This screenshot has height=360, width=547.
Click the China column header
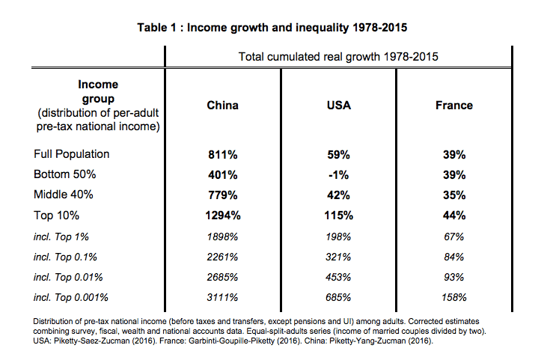click(222, 106)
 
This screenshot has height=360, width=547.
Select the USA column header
click(339, 106)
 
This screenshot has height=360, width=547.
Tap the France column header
click(454, 106)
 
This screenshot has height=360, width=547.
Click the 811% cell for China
click(223, 154)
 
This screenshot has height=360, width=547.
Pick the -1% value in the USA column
click(338, 175)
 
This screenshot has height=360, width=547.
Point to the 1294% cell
click(223, 216)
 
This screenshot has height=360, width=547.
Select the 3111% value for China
click(222, 298)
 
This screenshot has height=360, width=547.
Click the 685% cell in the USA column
click(338, 298)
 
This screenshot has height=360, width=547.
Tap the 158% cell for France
click(454, 298)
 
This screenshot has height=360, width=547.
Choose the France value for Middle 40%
click(454, 195)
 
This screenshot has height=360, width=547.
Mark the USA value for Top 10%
click(339, 216)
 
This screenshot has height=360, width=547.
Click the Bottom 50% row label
click(65, 174)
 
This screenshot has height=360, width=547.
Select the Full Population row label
click(72, 154)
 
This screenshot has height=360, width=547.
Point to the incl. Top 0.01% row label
click(68, 278)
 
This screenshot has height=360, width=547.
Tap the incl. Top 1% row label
click(61, 237)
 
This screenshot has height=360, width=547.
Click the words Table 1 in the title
click(156, 28)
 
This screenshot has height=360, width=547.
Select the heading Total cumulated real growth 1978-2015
click(338, 57)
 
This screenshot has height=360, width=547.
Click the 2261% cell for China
click(222, 257)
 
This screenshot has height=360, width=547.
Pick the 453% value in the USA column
click(338, 278)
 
